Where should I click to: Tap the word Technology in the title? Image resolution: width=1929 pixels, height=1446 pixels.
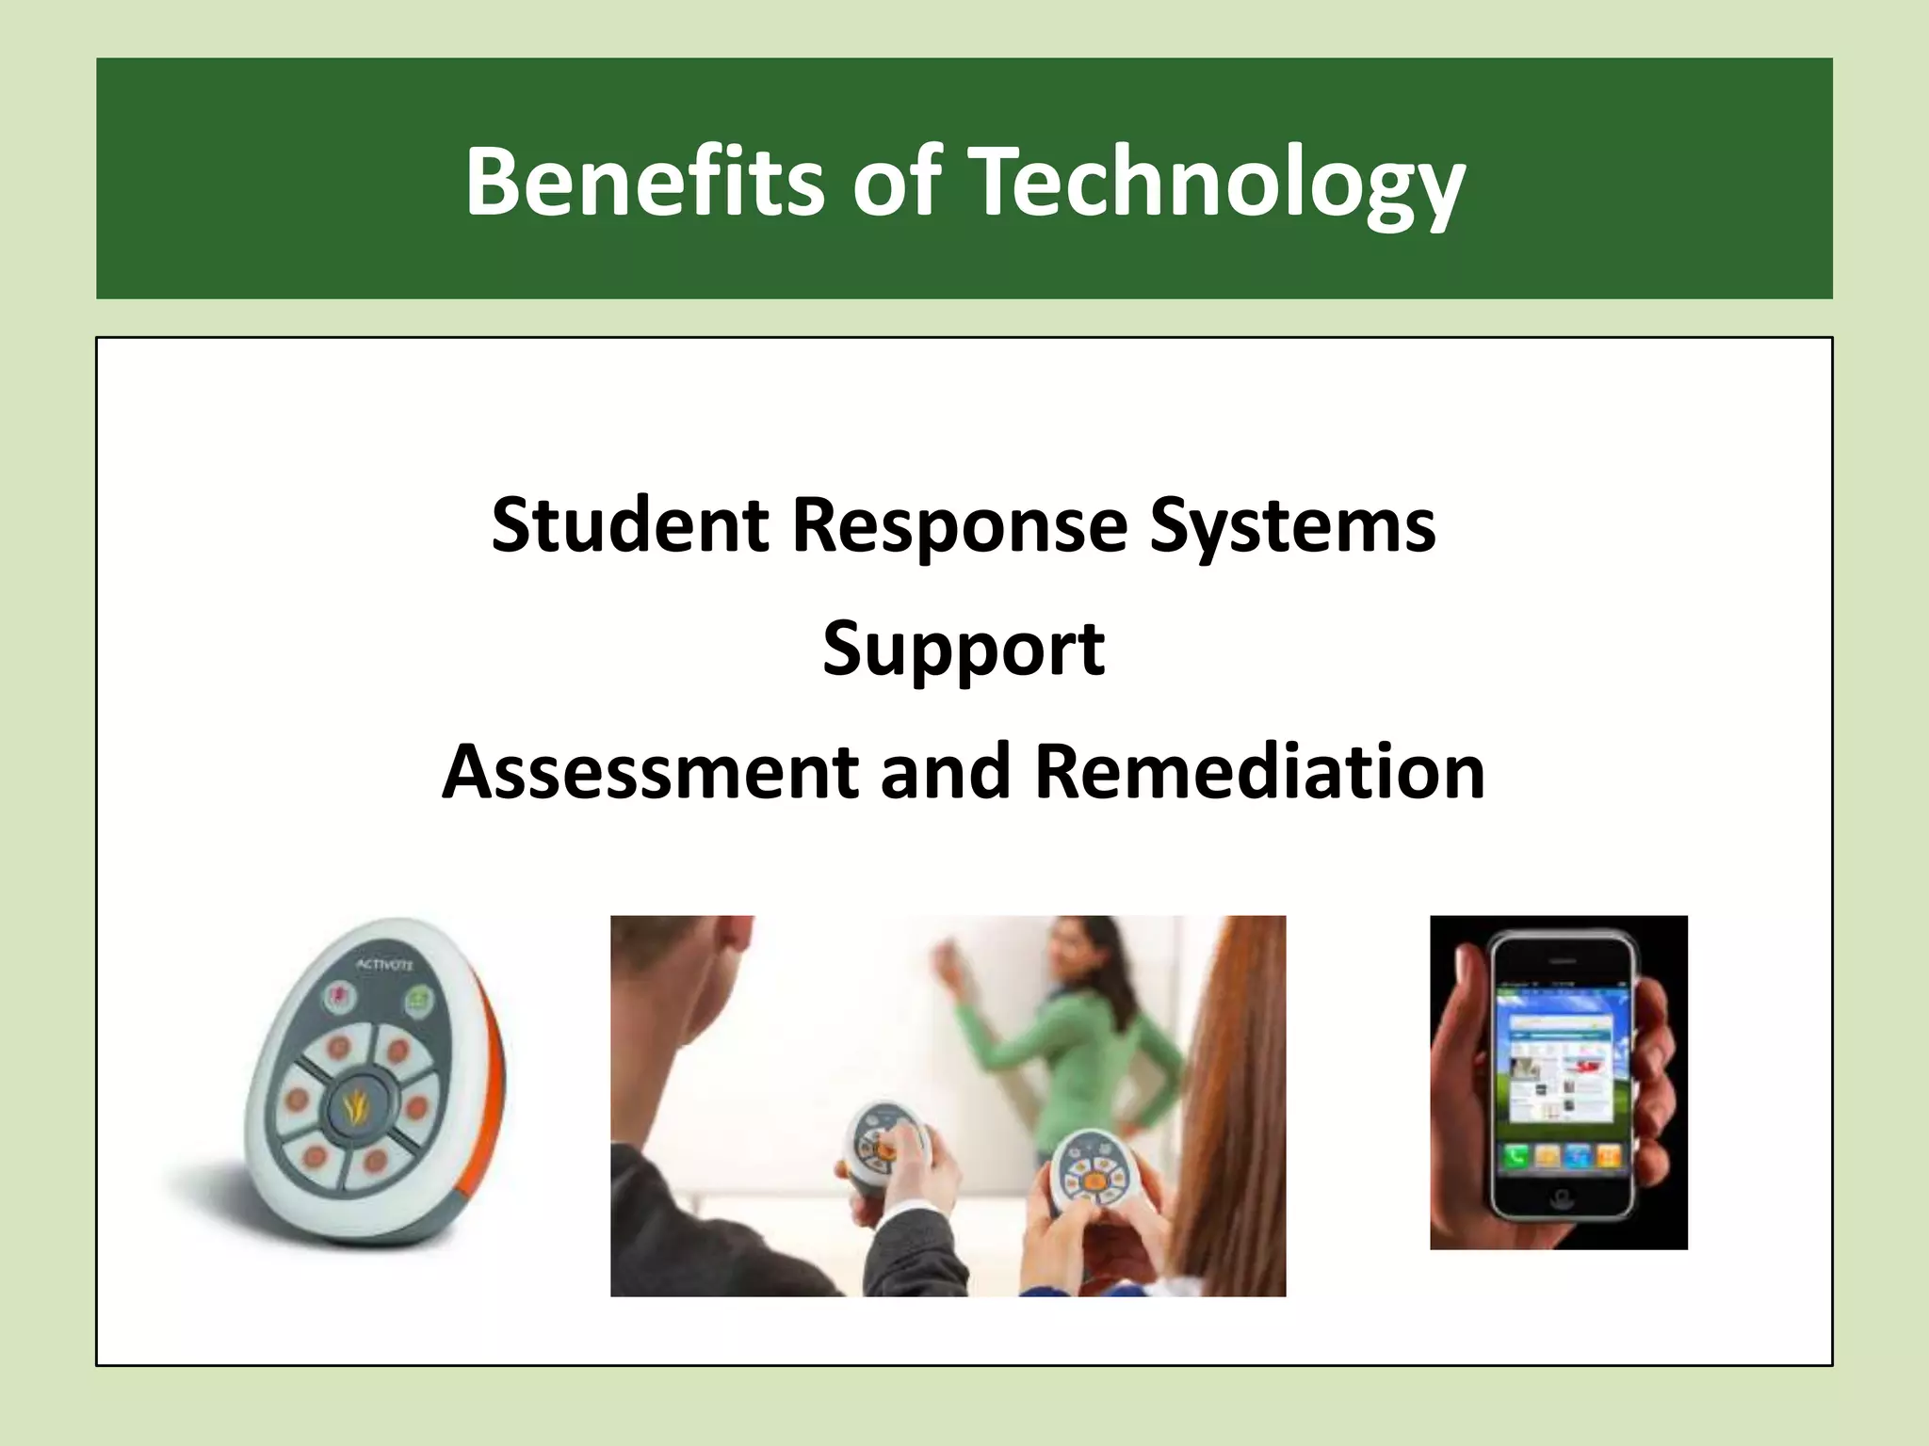[x=1217, y=184]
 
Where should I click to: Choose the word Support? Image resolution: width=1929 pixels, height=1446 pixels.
[x=964, y=648]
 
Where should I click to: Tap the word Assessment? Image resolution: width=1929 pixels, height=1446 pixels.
[x=650, y=771]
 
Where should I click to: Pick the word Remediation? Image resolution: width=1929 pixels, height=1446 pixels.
[x=1259, y=771]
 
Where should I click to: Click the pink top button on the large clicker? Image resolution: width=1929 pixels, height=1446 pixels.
[x=337, y=997]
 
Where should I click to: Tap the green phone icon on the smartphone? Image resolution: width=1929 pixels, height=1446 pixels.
[x=1516, y=1156]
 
